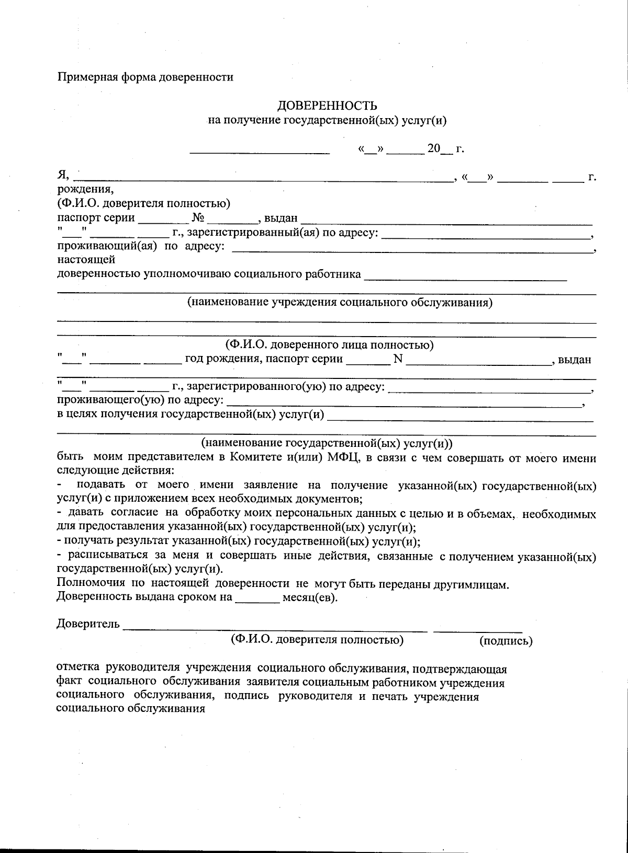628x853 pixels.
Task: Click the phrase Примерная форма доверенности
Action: (145, 77)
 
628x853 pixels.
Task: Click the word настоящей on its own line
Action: (86, 259)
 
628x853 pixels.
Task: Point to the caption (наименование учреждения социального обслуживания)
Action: (340, 302)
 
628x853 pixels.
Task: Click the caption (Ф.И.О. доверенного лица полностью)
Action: (329, 345)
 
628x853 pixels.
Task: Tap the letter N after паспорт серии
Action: (397, 359)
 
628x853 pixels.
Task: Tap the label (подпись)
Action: (506, 640)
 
